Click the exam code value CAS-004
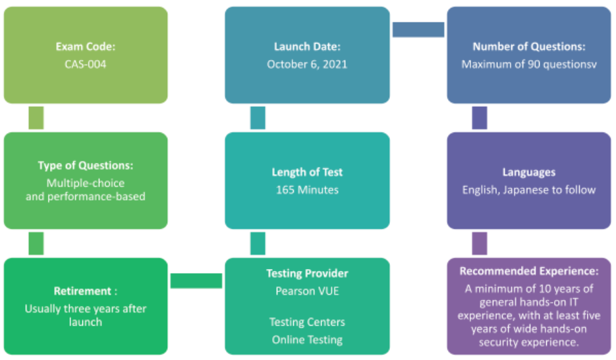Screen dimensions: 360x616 (x=86, y=64)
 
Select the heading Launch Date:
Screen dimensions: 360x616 (x=307, y=47)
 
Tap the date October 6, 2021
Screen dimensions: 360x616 (x=307, y=64)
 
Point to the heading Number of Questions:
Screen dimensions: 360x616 (x=528, y=47)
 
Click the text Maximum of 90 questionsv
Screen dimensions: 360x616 (x=528, y=64)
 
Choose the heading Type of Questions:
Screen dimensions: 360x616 (x=86, y=165)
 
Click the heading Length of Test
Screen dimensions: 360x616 (x=307, y=172)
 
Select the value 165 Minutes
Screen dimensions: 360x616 (x=307, y=190)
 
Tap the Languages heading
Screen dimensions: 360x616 (x=528, y=172)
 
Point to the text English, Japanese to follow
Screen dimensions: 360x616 (x=528, y=190)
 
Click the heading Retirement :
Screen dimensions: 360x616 (x=86, y=291)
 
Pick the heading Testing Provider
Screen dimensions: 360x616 (x=307, y=273)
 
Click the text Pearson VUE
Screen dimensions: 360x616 (x=307, y=290)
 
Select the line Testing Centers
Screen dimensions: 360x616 (x=307, y=322)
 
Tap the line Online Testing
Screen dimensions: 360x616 (x=307, y=340)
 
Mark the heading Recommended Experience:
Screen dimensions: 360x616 (x=528, y=271)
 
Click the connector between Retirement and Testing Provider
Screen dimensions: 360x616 (x=196, y=281)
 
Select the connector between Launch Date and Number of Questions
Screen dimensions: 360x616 (x=418, y=30)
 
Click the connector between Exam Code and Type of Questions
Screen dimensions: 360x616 (x=36, y=117)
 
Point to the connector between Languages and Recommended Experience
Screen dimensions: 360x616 (x=480, y=243)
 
